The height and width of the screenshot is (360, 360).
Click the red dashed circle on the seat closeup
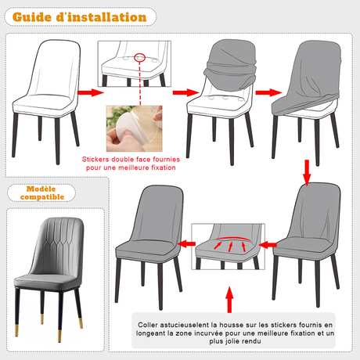click(139, 56)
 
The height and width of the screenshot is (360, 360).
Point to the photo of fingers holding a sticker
click(132, 124)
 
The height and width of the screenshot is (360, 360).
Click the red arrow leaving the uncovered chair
click(91, 92)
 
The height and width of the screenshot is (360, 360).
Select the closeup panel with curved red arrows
click(229, 249)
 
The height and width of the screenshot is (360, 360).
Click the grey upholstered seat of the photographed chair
click(49, 275)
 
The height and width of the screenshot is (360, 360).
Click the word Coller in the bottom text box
click(151, 324)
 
